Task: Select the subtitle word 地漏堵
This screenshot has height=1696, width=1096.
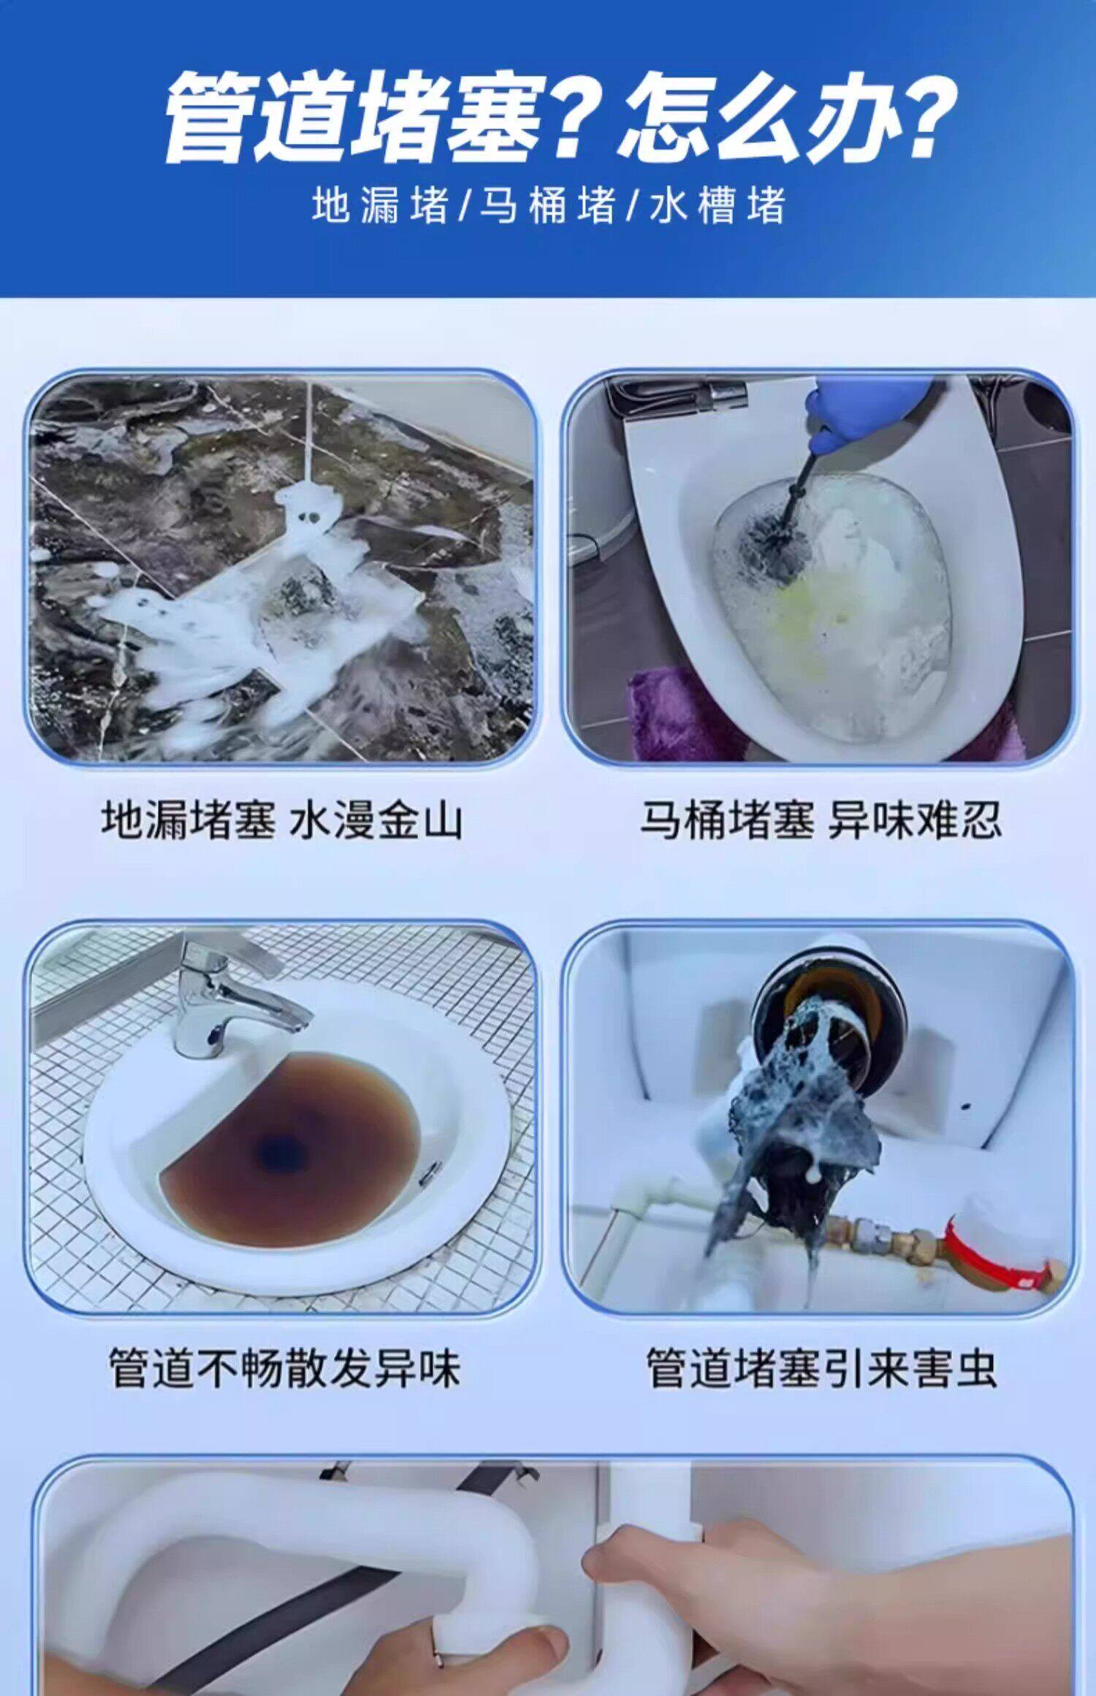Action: coord(380,205)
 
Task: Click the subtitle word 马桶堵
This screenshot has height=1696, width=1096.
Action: coord(548,205)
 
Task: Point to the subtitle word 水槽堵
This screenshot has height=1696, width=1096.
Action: coord(718,205)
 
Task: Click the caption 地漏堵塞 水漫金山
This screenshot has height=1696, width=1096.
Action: coord(282,820)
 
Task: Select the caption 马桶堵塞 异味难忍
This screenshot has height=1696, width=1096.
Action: coord(821,820)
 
